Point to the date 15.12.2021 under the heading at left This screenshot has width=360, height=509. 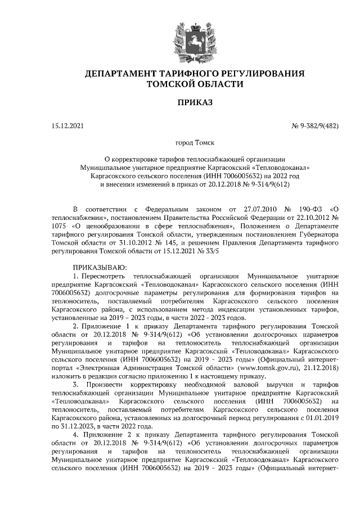click(x=67, y=125)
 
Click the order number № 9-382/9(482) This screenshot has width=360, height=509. click(x=314, y=125)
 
